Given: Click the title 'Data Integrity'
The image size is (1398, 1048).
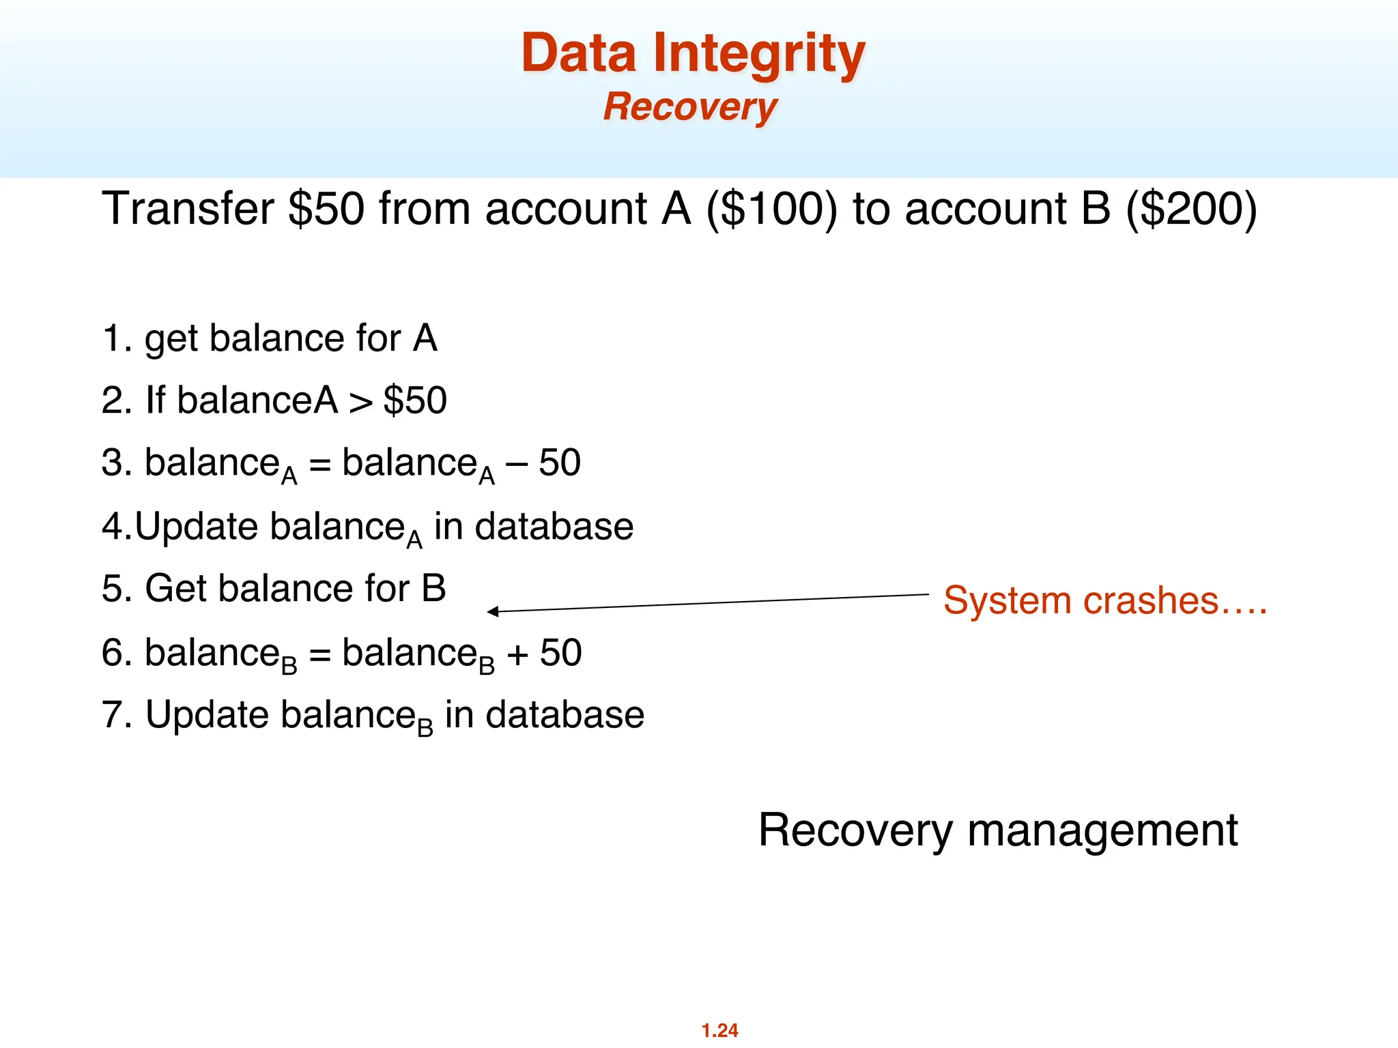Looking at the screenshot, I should [x=693, y=55].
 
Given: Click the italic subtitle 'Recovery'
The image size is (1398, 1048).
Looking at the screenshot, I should [x=690, y=108].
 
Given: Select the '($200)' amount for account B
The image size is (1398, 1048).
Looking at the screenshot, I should [x=1191, y=209].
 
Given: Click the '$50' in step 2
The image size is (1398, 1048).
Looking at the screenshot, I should [x=415, y=401].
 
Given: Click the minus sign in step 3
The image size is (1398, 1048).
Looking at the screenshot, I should [x=517, y=464].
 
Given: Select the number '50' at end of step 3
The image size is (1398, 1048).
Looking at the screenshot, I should [x=560, y=463].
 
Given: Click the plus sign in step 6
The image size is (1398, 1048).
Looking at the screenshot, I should [x=517, y=654].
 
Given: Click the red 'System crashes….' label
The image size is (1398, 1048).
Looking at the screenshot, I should [x=1105, y=601].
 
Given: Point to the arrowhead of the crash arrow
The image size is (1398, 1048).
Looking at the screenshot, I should [x=491, y=611].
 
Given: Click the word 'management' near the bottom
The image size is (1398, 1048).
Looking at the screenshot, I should [x=1102, y=831].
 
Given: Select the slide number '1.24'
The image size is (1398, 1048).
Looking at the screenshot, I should [x=719, y=1030].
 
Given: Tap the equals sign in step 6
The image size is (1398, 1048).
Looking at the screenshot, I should [x=319, y=654].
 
